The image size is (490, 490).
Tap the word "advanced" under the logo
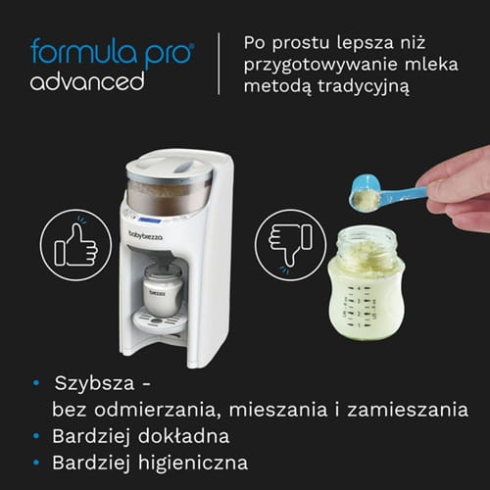tap(86, 80)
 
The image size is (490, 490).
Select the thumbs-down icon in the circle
tap(283, 241)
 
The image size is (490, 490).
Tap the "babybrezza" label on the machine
tap(146, 235)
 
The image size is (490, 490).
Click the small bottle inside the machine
tap(162, 289)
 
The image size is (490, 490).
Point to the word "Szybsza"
tap(96, 382)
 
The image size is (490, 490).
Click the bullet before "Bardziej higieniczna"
tap(37, 462)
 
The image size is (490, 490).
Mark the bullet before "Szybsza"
tap(37, 383)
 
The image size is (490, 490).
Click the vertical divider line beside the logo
tap(218, 64)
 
